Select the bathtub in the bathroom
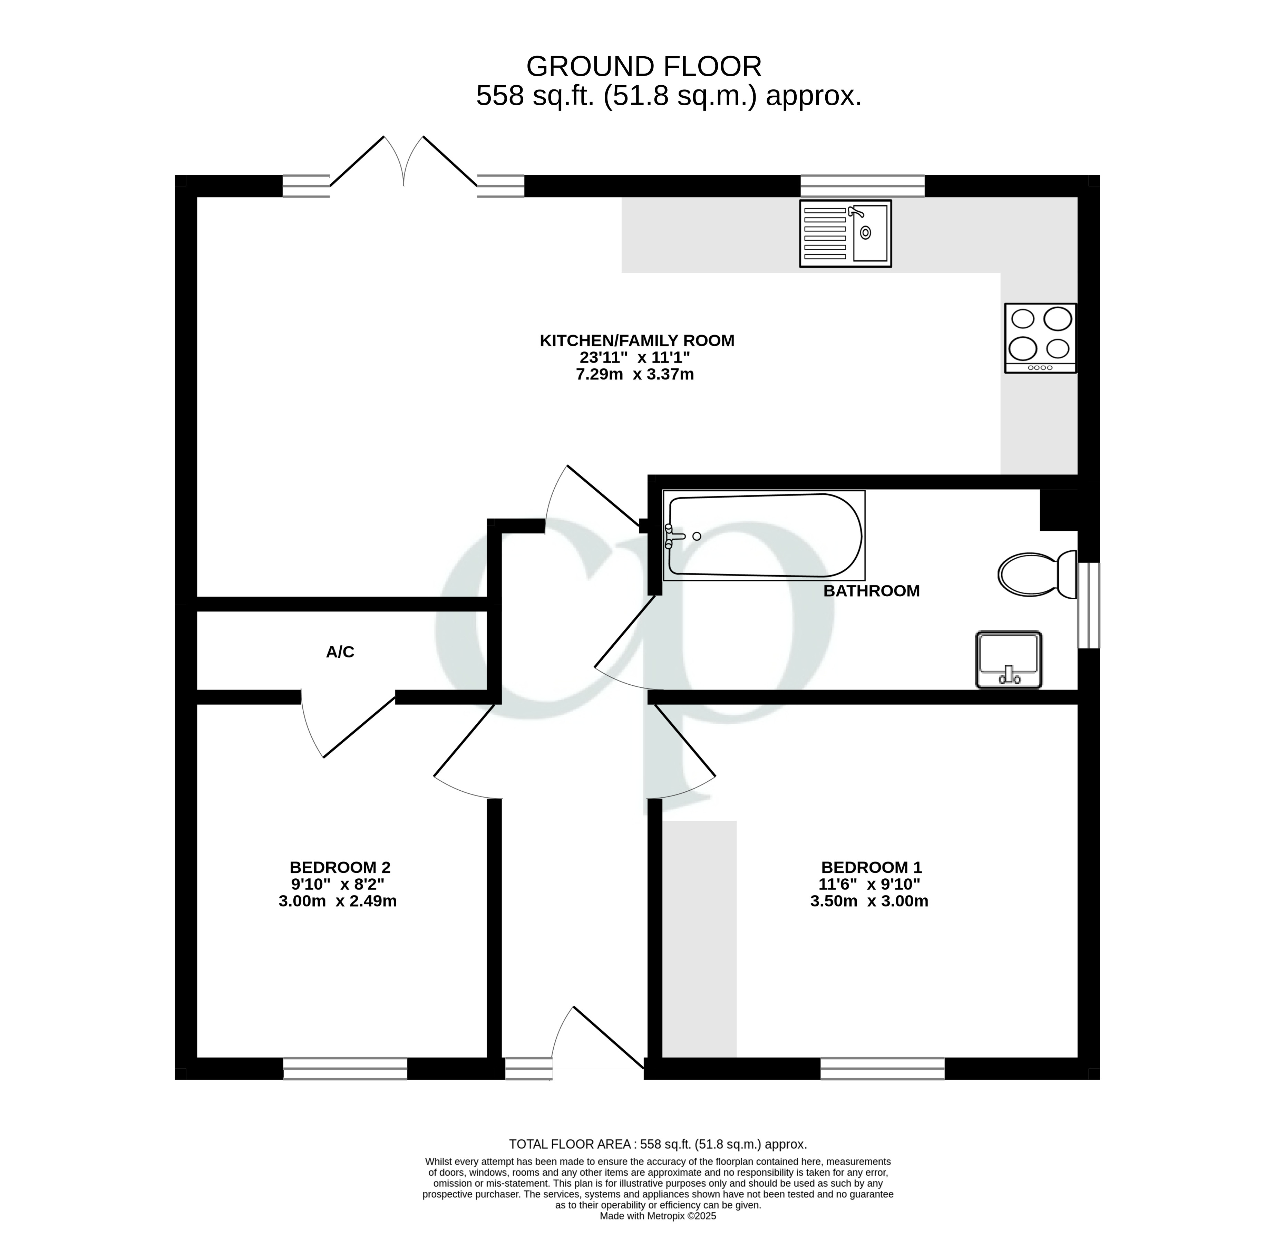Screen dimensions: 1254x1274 (x=764, y=535)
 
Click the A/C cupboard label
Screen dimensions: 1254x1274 (x=340, y=652)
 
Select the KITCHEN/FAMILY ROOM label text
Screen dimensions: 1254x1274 (x=637, y=340)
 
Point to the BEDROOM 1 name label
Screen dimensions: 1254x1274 (x=871, y=867)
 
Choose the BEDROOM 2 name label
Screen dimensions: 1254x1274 (x=340, y=867)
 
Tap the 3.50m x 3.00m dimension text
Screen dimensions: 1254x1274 (x=869, y=901)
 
